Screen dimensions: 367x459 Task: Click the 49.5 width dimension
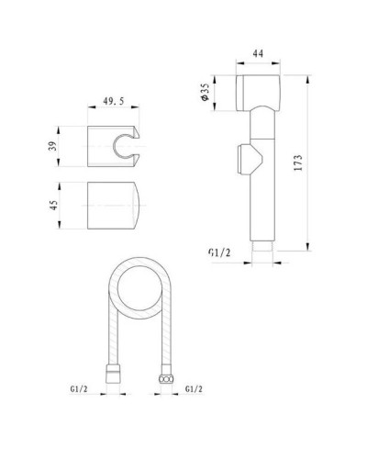pyautogui.click(x=114, y=101)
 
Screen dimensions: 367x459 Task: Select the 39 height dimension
pyautogui.click(x=53, y=146)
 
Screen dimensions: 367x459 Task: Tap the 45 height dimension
pyautogui.click(x=53, y=205)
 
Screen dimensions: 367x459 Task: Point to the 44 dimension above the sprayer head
pyautogui.click(x=258, y=53)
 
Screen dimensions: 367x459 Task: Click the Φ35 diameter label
pyautogui.click(x=205, y=92)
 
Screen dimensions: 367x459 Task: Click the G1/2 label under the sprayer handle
pyautogui.click(x=219, y=252)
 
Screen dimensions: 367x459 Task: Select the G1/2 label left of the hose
pyautogui.click(x=79, y=389)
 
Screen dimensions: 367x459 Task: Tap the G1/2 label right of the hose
pyautogui.click(x=194, y=389)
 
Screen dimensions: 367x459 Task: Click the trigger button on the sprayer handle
pyautogui.click(x=250, y=159)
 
